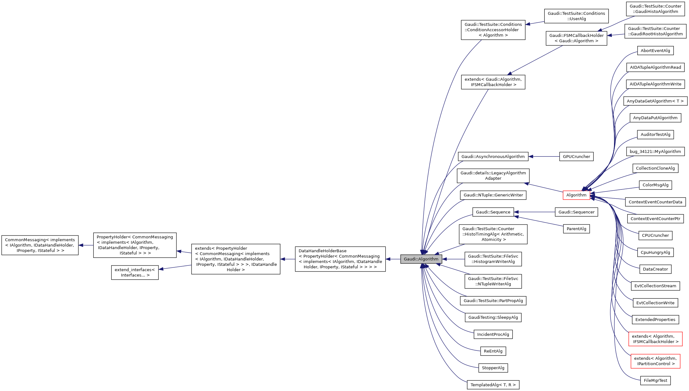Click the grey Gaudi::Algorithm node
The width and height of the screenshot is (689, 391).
click(x=421, y=259)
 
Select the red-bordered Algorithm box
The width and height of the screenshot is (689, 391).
click(x=576, y=195)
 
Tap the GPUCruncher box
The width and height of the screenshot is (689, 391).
click(x=576, y=156)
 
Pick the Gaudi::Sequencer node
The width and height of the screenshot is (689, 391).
click(x=576, y=212)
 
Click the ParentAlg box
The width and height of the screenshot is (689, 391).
click(x=576, y=229)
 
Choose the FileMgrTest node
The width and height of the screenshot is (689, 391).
click(x=655, y=380)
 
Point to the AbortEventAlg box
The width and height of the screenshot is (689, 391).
click(x=655, y=50)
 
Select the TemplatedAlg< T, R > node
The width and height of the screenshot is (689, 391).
click(x=493, y=385)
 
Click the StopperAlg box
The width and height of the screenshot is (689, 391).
click(x=493, y=368)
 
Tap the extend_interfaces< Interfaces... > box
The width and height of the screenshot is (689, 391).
click(x=135, y=272)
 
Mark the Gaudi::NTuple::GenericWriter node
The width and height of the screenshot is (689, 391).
click(x=493, y=195)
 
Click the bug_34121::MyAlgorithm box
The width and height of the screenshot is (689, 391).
click(x=655, y=151)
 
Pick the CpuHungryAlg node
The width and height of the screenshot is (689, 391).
click(x=655, y=252)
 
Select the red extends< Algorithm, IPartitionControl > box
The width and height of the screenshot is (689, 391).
click(x=655, y=361)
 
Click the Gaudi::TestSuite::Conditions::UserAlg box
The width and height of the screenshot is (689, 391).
click(x=576, y=16)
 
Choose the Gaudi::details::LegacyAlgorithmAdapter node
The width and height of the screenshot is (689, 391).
click(x=493, y=176)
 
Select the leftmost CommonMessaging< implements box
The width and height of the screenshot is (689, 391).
click(x=40, y=245)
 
